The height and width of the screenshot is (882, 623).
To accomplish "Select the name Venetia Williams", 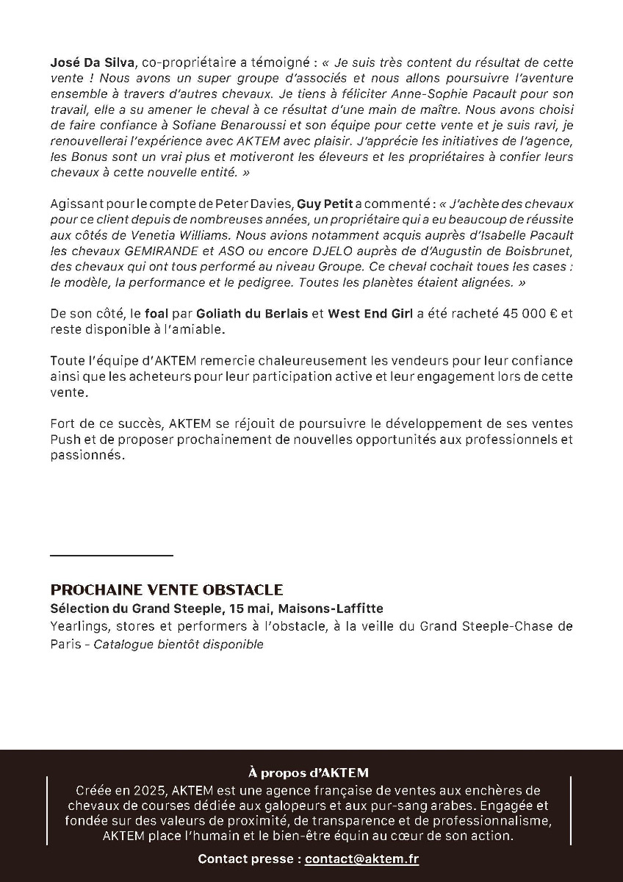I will [168, 234].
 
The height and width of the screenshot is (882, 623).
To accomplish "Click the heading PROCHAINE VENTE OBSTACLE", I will [167, 590].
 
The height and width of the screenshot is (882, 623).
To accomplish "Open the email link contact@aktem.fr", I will [362, 858].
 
